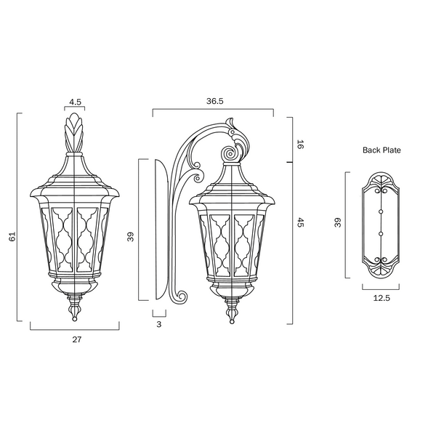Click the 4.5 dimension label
point(76,102)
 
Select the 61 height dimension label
point(12,236)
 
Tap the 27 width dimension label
point(77,339)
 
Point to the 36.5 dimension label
point(214,101)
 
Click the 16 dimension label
point(300,145)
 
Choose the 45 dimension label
point(300,222)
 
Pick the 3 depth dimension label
point(158,324)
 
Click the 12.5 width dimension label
point(381,298)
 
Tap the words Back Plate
point(381,150)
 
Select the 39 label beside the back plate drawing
point(337,222)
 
